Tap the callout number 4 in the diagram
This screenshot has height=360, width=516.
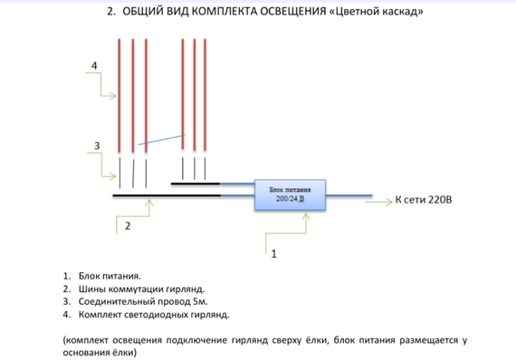coord(94,66)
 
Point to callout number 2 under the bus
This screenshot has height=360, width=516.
coord(128,226)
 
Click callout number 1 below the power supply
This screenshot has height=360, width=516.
coord(273,254)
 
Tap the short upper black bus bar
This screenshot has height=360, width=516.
coord(196,182)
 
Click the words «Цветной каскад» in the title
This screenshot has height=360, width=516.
coord(378,13)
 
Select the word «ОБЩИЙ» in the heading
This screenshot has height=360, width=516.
coord(144,13)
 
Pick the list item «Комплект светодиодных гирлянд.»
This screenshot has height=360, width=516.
coord(154,315)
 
